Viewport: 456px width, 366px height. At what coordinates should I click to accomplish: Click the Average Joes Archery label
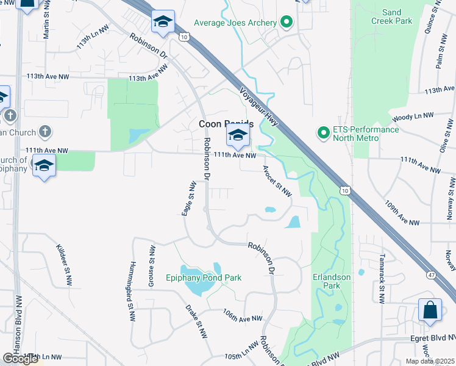point(235,23)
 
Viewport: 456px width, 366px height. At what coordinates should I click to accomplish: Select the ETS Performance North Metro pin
point(322,132)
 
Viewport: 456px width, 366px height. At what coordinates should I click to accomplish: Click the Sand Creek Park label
point(391,16)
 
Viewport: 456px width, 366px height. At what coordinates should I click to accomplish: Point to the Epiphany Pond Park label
point(204,278)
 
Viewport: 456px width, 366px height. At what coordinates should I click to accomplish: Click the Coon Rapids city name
point(226,124)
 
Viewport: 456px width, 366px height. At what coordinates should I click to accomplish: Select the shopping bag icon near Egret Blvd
point(430,310)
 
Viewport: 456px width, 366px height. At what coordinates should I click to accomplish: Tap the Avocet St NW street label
point(277,181)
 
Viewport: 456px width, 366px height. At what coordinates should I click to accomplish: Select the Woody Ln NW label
point(413,116)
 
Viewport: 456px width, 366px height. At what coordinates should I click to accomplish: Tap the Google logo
point(20,359)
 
